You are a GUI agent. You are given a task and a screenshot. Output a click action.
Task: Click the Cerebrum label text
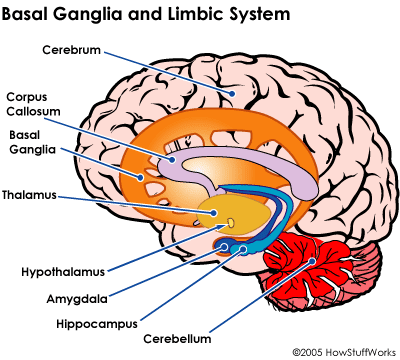pyautogui.click(x=71, y=50)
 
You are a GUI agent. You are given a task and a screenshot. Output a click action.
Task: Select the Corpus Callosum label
pyautogui.click(x=33, y=104)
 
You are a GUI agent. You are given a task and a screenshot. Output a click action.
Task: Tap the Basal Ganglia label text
pyautogui.click(x=32, y=142)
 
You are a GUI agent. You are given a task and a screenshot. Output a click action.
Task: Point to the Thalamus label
pyautogui.click(x=29, y=195)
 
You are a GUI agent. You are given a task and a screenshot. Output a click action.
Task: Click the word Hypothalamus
pyautogui.click(x=63, y=272)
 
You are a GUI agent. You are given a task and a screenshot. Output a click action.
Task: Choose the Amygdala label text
pyautogui.click(x=77, y=299)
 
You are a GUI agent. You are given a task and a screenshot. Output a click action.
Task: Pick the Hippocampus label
pyautogui.click(x=97, y=324)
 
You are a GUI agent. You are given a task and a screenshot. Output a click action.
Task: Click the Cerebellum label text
pyautogui.click(x=177, y=339)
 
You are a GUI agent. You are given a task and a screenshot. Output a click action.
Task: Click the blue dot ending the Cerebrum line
pyautogui.click(x=232, y=94)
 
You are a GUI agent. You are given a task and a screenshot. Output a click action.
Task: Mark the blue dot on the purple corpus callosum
pyautogui.click(x=172, y=160)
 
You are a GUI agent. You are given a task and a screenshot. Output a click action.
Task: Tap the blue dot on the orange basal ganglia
pyautogui.click(x=141, y=177)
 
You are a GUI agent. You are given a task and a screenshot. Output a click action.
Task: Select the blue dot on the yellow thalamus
pyautogui.click(x=213, y=212)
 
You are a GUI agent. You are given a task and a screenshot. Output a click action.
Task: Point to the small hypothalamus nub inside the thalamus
pyautogui.click(x=230, y=222)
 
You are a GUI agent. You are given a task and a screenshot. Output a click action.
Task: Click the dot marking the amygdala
pyautogui.click(x=224, y=247)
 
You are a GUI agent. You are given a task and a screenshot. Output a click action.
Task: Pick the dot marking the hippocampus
pyautogui.click(x=243, y=249)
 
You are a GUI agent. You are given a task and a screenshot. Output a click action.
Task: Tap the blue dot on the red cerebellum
pyautogui.click(x=312, y=261)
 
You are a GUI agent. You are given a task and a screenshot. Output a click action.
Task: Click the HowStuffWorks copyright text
pyautogui.click(x=345, y=352)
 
